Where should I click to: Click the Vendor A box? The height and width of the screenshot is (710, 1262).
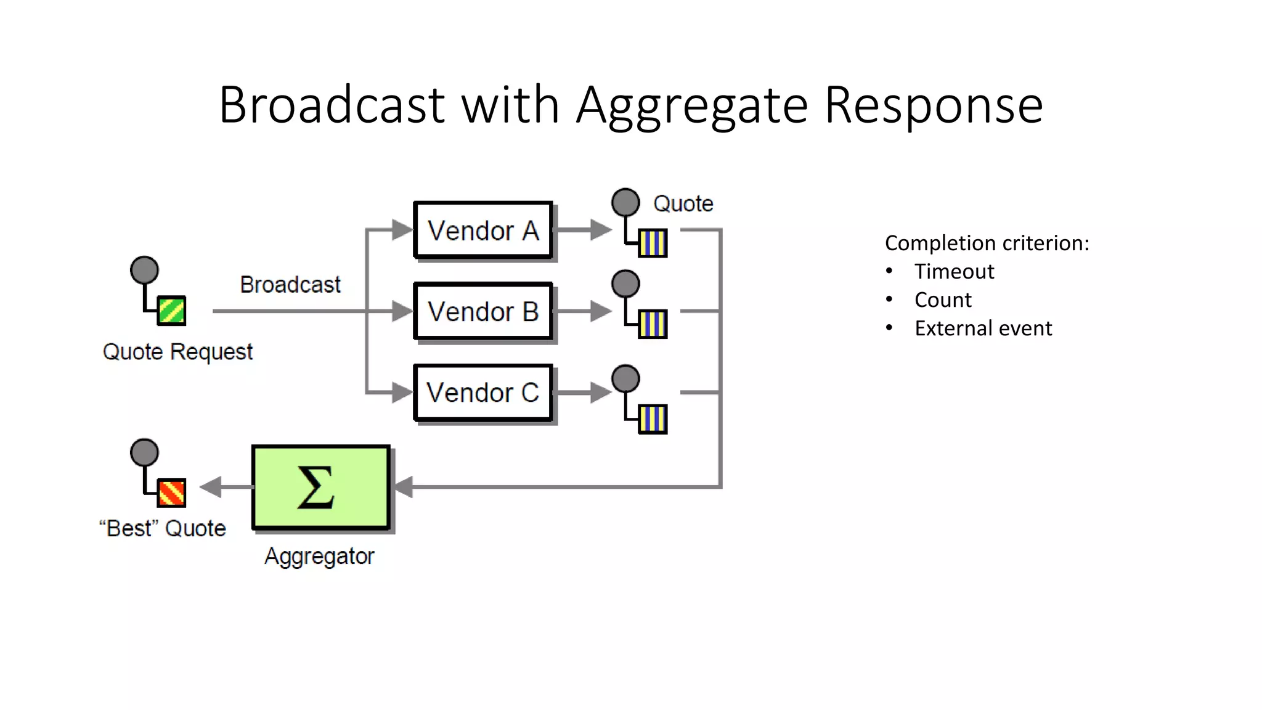pos(483,230)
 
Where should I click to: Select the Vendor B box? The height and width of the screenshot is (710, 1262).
pos(483,311)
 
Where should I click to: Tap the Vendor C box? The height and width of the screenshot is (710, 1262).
pos(483,393)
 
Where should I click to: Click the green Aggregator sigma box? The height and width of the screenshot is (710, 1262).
pos(320,487)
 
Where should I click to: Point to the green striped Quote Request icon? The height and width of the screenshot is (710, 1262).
pos(171,311)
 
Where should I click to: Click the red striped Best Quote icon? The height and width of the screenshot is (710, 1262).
pos(171,493)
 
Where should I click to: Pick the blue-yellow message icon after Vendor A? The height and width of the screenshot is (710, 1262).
pos(653,243)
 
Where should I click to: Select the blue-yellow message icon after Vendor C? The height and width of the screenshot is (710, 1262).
pos(653,419)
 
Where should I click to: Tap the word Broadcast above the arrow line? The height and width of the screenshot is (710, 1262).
pos(290,285)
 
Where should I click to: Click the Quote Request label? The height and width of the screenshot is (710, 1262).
pos(177,352)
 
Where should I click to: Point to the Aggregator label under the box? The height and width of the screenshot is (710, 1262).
pos(319,556)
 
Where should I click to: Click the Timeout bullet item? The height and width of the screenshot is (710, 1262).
pos(954,272)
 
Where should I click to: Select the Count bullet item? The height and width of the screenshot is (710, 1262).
pos(943,300)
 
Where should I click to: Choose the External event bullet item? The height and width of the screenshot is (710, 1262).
pos(983,328)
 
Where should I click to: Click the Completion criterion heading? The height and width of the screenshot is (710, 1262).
pos(987,243)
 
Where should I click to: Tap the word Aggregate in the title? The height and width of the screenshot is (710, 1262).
pos(691,105)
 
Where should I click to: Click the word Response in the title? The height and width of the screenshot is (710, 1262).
pos(933,105)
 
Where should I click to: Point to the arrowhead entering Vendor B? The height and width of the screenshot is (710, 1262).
pos(402,311)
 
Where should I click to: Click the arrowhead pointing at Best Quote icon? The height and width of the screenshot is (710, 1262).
pos(211,487)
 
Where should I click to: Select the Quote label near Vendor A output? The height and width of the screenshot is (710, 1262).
pos(683,203)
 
